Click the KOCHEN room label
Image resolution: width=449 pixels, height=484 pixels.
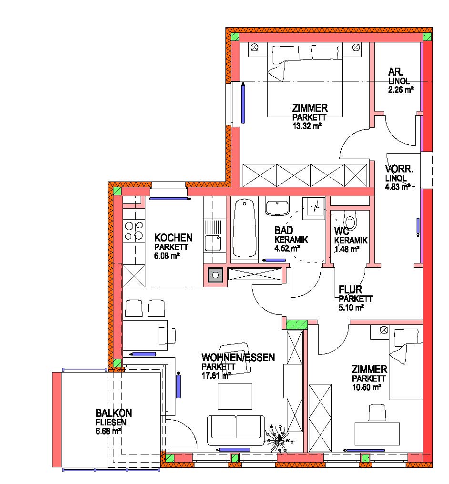173,238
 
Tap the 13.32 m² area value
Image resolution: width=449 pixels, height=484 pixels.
307,126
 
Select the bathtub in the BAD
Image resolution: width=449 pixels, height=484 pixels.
245,228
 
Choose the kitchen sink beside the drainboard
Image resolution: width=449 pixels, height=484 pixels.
213,242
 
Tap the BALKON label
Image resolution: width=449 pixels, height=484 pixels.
113,413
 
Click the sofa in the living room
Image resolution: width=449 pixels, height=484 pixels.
236,430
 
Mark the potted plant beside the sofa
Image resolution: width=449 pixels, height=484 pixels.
278,437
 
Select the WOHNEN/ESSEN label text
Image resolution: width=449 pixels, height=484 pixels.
238,357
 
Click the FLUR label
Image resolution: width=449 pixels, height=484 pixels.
350,290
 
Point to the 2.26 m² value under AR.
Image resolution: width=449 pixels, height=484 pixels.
401,90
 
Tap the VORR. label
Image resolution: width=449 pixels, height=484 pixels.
399,169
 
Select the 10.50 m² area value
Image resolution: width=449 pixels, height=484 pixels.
367,387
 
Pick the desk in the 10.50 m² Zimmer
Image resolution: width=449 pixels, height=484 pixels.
377,434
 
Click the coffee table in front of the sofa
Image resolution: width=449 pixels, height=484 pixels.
235,396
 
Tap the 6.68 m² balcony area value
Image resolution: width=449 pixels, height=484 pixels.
108,431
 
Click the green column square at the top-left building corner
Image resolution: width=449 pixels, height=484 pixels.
235,36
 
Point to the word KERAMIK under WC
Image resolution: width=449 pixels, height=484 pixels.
351,240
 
